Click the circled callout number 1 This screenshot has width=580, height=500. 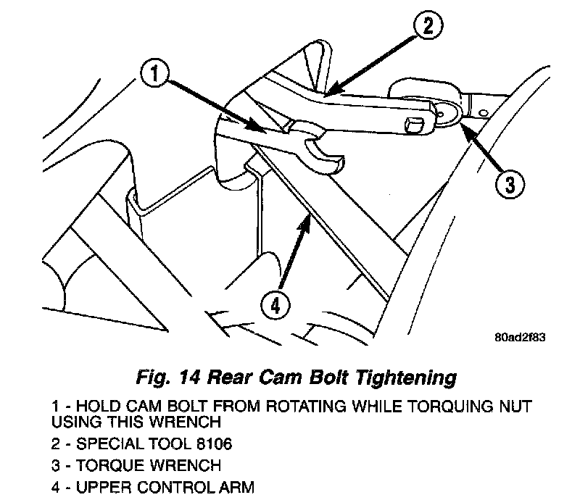158,75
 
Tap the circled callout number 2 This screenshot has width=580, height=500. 426,28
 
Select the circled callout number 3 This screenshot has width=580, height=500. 509,183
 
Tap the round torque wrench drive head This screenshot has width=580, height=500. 447,112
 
